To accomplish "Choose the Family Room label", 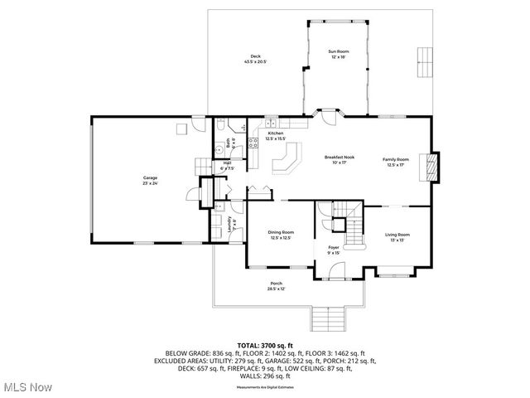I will pos(395,161).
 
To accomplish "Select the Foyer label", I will pos(334,249).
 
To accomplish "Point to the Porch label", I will pos(276,286).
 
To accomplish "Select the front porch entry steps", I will pos(327,317).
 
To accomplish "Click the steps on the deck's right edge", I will pos(424,60).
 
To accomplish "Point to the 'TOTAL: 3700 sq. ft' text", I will pos(265,344).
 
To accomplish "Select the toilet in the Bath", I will pos(222,125).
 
